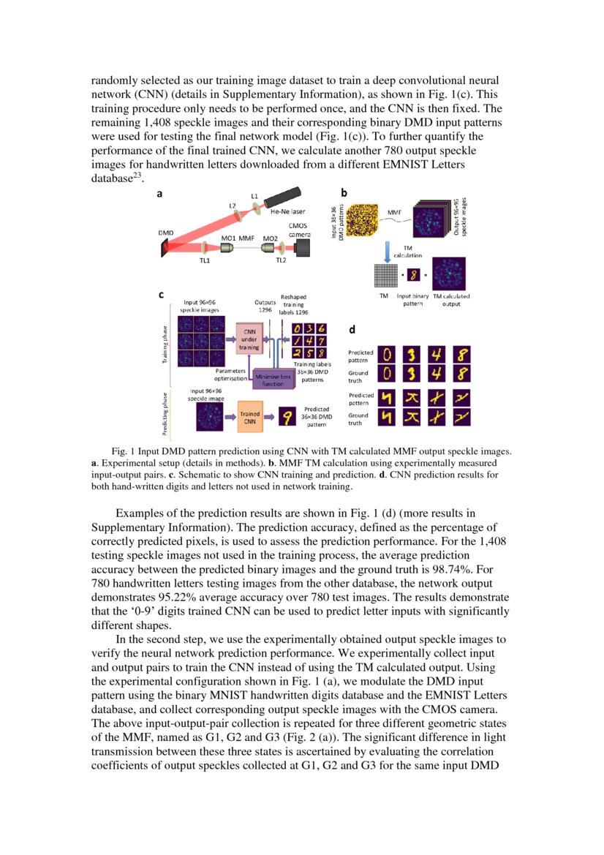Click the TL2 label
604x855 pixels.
click(280, 260)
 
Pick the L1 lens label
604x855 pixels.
click(254, 196)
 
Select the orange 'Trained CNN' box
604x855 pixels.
click(250, 415)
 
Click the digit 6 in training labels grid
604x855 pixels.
click(322, 329)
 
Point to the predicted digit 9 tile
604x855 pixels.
click(288, 416)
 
